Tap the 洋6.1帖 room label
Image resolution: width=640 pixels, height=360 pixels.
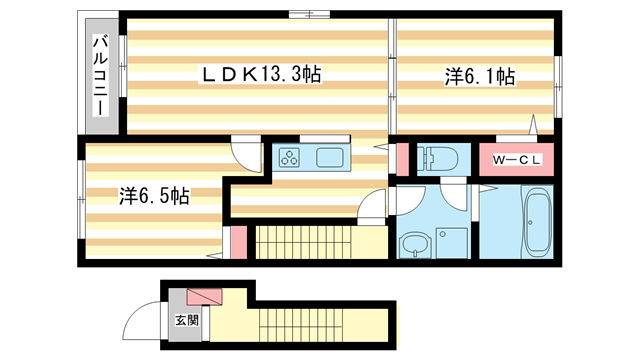coord(479,76)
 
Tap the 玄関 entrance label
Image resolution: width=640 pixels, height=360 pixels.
coord(187,321)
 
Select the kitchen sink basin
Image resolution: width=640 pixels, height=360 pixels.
coord(331,157)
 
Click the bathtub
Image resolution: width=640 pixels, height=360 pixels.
coord(538,223)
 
